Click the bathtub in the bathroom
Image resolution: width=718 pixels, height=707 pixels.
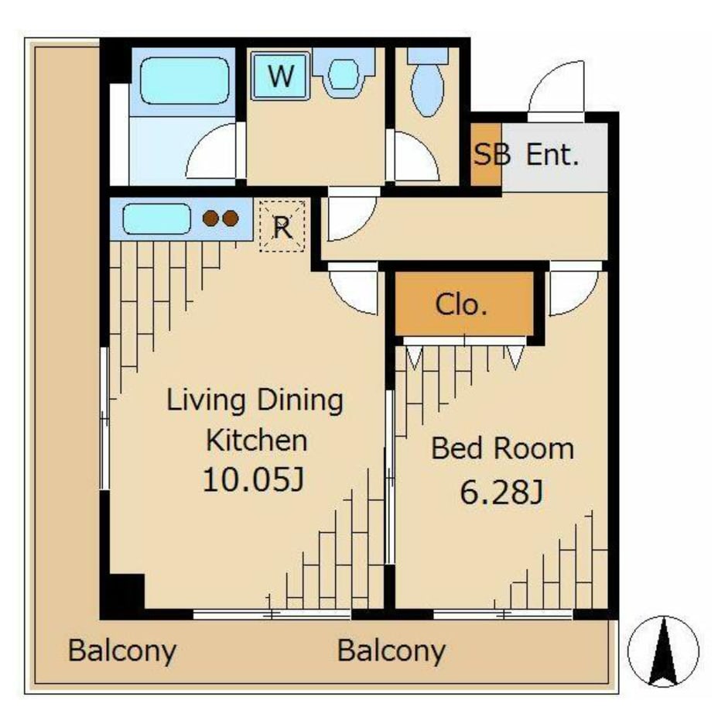pyautogui.click(x=184, y=81)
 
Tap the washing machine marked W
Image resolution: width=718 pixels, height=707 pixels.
pyautogui.click(x=280, y=76)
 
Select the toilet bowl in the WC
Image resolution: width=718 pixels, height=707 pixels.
pyautogui.click(x=428, y=89)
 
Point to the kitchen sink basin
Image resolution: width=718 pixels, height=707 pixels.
pyautogui.click(x=156, y=218)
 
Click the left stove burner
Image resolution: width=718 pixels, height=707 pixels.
pyautogui.click(x=211, y=218)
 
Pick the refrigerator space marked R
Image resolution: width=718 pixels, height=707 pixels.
pyautogui.click(x=282, y=226)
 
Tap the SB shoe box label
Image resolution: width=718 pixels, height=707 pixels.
pyautogui.click(x=492, y=154)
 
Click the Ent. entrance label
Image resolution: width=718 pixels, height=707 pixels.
pyautogui.click(x=552, y=154)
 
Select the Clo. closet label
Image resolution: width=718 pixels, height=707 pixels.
pyautogui.click(x=460, y=304)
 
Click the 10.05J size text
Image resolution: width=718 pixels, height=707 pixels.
pyautogui.click(x=253, y=480)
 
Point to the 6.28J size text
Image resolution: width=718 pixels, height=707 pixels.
pyautogui.click(x=501, y=492)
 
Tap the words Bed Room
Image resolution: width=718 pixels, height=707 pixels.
pyautogui.click(x=502, y=448)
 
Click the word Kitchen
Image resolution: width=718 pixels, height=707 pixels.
pyautogui.click(x=256, y=441)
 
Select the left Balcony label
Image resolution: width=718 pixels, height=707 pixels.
pyautogui.click(x=121, y=650)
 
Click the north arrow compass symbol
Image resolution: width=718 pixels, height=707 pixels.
pyautogui.click(x=663, y=651)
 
